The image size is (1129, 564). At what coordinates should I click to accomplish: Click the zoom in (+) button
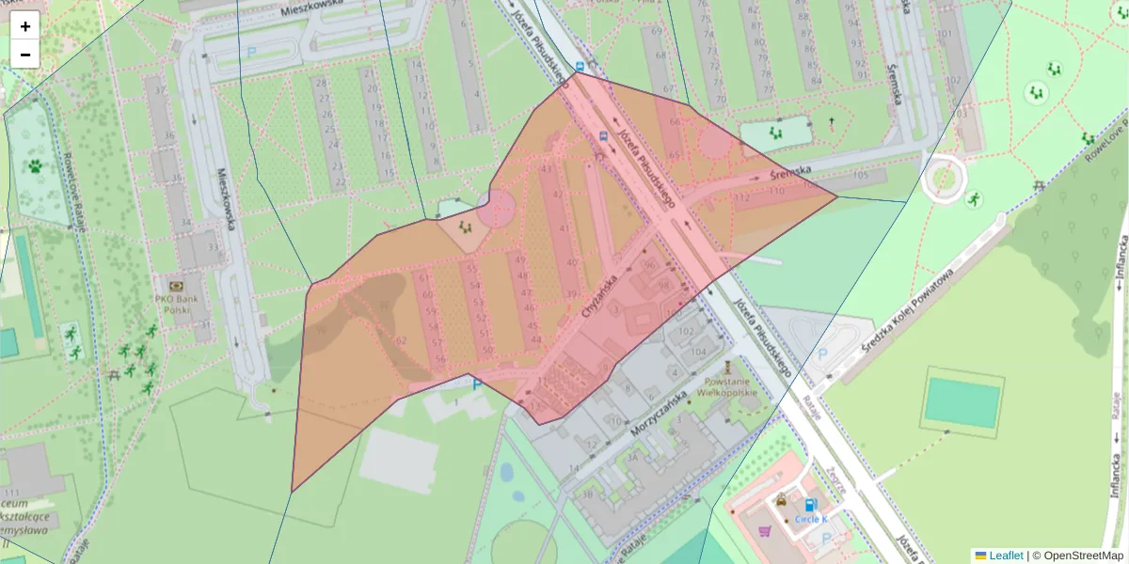[25, 25]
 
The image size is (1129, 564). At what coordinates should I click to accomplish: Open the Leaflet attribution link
[1006, 556]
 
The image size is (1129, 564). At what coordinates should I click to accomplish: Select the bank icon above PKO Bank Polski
[176, 286]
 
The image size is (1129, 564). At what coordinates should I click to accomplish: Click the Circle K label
[810, 519]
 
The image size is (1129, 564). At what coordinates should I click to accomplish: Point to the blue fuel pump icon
[810, 505]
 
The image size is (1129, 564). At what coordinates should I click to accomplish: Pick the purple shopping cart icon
[765, 531]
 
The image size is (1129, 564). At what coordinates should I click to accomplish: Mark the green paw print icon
[35, 166]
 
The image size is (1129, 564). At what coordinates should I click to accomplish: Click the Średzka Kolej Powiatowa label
[908, 310]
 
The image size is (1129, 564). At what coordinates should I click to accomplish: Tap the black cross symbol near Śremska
[830, 122]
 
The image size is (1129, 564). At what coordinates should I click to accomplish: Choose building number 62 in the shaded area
[402, 340]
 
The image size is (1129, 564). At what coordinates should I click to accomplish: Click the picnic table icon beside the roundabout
[1039, 185]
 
